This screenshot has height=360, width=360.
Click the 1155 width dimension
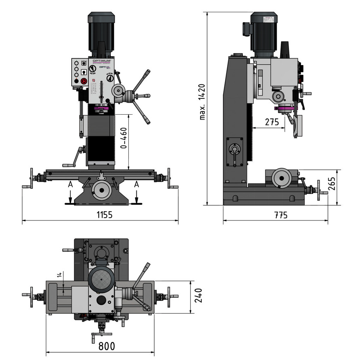(x=104, y=215)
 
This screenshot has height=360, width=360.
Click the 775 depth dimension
(x=281, y=215)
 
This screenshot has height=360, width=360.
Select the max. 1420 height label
(x=202, y=102)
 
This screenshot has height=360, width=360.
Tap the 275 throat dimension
(x=272, y=122)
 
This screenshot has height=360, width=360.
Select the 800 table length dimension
(x=107, y=346)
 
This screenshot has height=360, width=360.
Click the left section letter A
(x=71, y=184)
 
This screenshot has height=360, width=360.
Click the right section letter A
(x=136, y=184)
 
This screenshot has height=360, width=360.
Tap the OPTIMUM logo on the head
(x=102, y=60)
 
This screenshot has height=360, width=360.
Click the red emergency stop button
(x=84, y=81)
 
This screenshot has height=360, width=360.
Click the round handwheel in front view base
(x=102, y=190)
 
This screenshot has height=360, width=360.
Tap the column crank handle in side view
(x=234, y=152)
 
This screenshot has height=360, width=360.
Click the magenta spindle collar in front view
(x=101, y=109)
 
